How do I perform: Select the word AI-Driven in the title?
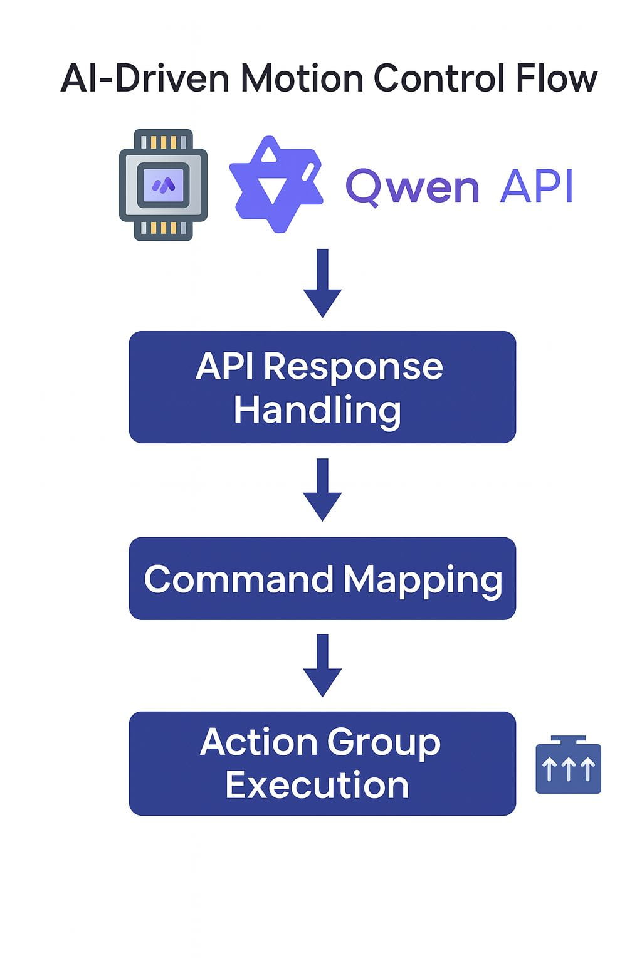click(145, 80)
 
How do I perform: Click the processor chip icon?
click(163, 185)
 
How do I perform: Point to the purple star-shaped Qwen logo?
click(276, 184)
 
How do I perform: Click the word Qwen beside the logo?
click(413, 186)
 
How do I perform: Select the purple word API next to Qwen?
click(537, 186)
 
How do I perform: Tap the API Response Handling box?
click(322, 387)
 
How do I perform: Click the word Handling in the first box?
click(317, 410)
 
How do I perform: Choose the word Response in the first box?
click(353, 366)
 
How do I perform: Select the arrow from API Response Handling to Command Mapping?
click(322, 490)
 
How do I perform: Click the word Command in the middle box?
click(238, 579)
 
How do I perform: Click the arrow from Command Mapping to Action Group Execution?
click(322, 665)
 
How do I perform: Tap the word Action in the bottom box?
click(258, 742)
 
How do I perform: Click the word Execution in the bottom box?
click(317, 785)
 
